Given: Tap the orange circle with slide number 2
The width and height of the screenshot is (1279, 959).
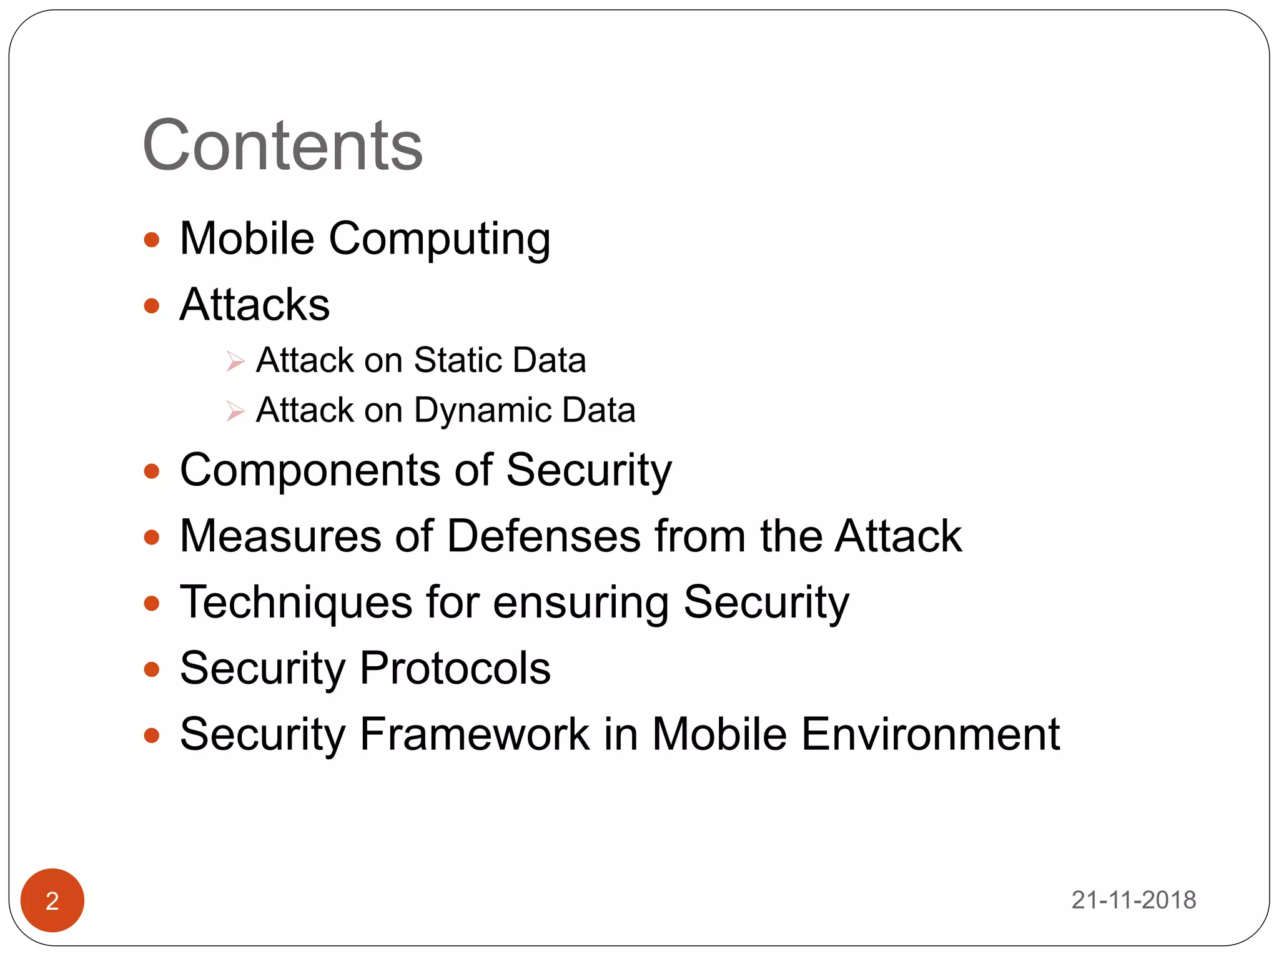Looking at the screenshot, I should point(52,900).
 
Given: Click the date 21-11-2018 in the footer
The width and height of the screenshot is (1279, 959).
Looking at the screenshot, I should point(1133,900).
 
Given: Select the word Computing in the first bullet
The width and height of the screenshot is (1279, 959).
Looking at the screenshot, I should point(440,240).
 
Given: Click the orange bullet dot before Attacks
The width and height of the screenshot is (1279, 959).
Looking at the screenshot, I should point(152,306).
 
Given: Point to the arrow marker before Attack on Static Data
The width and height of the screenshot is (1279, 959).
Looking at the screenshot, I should point(235,361).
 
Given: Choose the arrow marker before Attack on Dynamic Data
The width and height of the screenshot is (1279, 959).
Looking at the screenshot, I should point(235,411).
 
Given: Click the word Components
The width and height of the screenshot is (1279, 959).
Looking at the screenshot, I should point(310,470).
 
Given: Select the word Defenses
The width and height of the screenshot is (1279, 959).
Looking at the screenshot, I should point(544,536).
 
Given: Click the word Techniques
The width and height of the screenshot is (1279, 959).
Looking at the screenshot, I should point(296,603).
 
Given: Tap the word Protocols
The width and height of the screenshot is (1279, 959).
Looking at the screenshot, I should point(455,669).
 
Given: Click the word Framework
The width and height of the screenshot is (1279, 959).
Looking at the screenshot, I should point(475,734).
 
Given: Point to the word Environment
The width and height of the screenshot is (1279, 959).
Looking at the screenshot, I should point(930,734).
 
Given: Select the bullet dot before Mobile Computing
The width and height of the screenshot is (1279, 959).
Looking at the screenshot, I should point(152,240).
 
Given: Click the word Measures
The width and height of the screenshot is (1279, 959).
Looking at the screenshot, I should point(280,536).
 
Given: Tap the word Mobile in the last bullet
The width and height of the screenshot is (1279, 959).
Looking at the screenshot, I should point(719,734).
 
